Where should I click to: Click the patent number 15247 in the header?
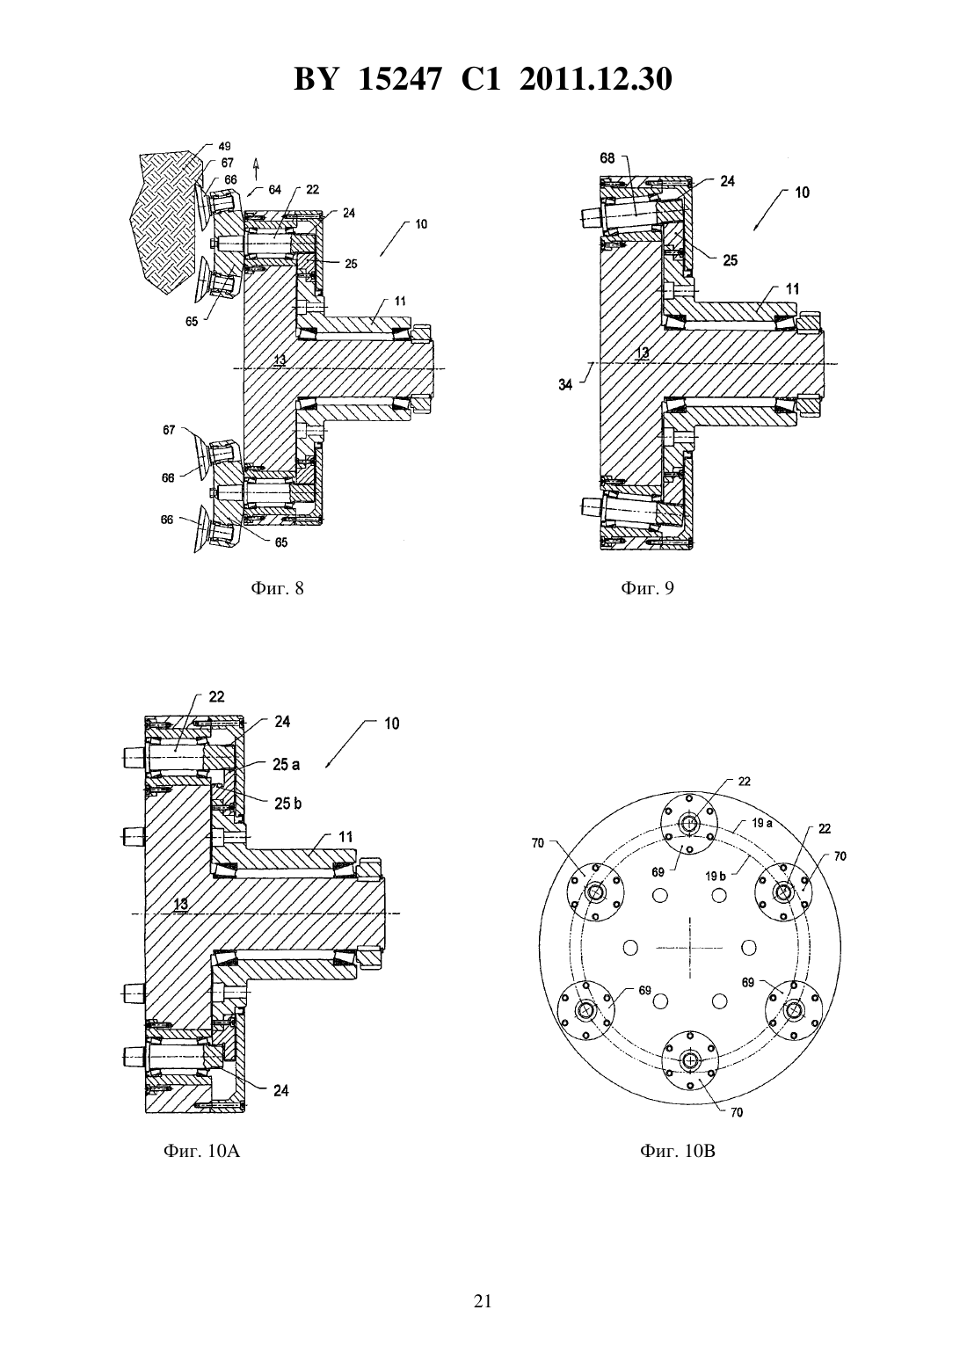(x=398, y=79)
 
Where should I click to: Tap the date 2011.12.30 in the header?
(x=596, y=79)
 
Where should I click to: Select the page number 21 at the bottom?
(x=483, y=1301)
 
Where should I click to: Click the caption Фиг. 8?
(x=277, y=588)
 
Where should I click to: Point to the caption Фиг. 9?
(x=647, y=588)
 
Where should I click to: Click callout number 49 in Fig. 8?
(x=224, y=146)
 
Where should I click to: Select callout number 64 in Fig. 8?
(x=274, y=189)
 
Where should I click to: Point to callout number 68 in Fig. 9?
(x=607, y=158)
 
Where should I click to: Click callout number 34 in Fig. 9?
(x=565, y=385)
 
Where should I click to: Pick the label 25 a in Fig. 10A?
(x=287, y=765)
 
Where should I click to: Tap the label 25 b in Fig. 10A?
(x=287, y=803)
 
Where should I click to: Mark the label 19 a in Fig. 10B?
(x=762, y=823)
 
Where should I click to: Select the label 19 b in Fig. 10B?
(x=716, y=876)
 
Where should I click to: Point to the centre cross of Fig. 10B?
(x=689, y=948)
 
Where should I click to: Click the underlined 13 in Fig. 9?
(x=642, y=352)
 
